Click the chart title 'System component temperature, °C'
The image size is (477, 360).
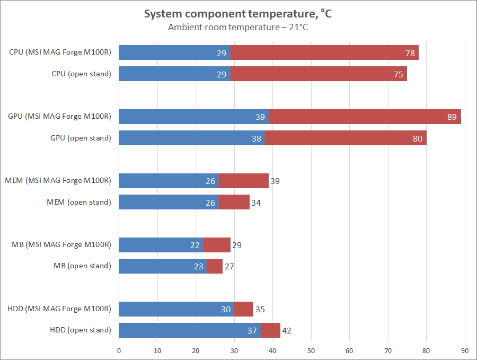click(238, 14)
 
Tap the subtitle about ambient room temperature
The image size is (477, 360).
click(238, 27)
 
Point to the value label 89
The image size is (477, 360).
click(452, 117)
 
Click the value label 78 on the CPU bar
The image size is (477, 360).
click(409, 53)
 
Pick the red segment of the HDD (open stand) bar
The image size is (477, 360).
click(271, 330)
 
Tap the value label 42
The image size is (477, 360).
click(286, 330)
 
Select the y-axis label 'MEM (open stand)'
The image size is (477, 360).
click(79, 202)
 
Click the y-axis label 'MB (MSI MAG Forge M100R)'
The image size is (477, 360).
click(61, 244)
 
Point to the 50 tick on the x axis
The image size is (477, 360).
click(311, 350)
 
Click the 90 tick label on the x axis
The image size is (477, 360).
click(465, 350)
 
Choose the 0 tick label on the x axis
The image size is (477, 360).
click(119, 350)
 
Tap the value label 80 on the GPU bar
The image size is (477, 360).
click(417, 138)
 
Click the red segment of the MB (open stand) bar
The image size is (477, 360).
click(215, 266)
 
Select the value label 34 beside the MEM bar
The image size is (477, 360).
click(255, 202)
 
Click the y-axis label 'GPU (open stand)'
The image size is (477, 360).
click(81, 138)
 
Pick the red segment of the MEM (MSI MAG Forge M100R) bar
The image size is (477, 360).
click(244, 181)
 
